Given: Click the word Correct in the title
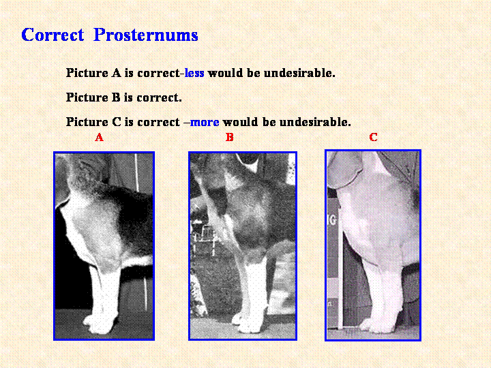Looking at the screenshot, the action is click(x=53, y=35).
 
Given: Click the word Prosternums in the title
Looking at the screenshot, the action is click(x=146, y=35).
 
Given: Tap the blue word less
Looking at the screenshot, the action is click(x=194, y=73).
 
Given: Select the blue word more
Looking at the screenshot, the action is click(x=205, y=122).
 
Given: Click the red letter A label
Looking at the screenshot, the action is click(x=100, y=137).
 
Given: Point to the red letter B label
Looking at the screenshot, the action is click(x=230, y=137).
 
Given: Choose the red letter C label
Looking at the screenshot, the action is click(x=373, y=137).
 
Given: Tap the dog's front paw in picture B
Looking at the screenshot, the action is click(x=249, y=322).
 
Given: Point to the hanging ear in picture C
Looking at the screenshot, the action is click(x=344, y=170).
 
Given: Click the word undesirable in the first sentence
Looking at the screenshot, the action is click(x=299, y=73).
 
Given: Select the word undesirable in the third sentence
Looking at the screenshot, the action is click(x=315, y=122).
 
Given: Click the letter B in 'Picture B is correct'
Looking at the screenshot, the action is click(x=116, y=97).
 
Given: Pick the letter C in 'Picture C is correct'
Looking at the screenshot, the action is click(x=117, y=122).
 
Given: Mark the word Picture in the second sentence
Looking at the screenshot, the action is click(x=87, y=97).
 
